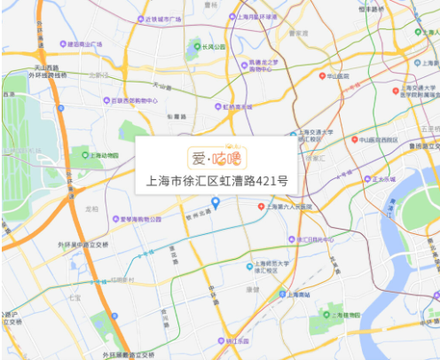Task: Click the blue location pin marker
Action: pos(216,203)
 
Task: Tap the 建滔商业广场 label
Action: pos(89,43)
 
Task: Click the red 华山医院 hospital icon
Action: pos(322,76)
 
